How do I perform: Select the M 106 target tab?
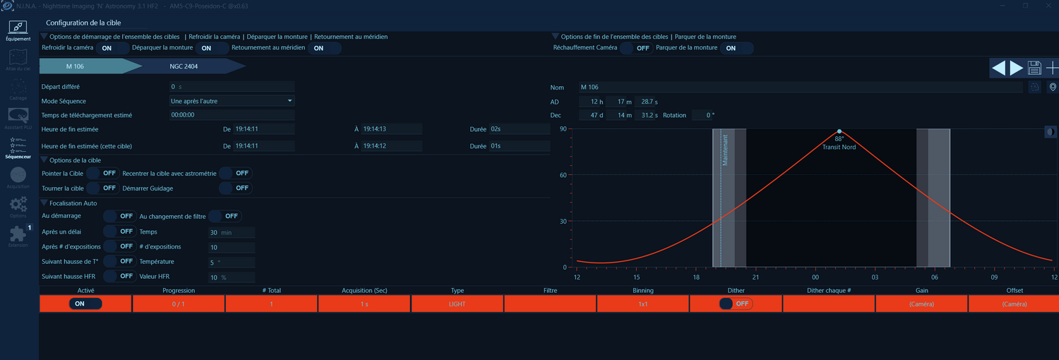tap(75, 66)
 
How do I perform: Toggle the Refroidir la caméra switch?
tap(112, 48)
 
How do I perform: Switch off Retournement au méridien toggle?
tap(324, 48)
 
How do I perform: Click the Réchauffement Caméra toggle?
tap(636, 48)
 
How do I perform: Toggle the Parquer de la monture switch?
tap(736, 48)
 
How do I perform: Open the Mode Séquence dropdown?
tap(232, 101)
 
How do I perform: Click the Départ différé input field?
tap(232, 87)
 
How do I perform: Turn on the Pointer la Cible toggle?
tap(103, 173)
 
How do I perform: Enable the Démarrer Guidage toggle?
tap(236, 188)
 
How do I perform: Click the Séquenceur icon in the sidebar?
tap(18, 148)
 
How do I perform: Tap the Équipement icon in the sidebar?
tap(18, 30)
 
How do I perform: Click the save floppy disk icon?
tap(1035, 68)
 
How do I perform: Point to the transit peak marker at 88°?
tap(839, 131)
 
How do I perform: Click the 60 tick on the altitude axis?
tap(563, 175)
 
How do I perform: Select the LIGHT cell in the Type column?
tap(457, 304)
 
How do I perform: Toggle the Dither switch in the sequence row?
tap(736, 304)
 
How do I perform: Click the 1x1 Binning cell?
tap(642, 304)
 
